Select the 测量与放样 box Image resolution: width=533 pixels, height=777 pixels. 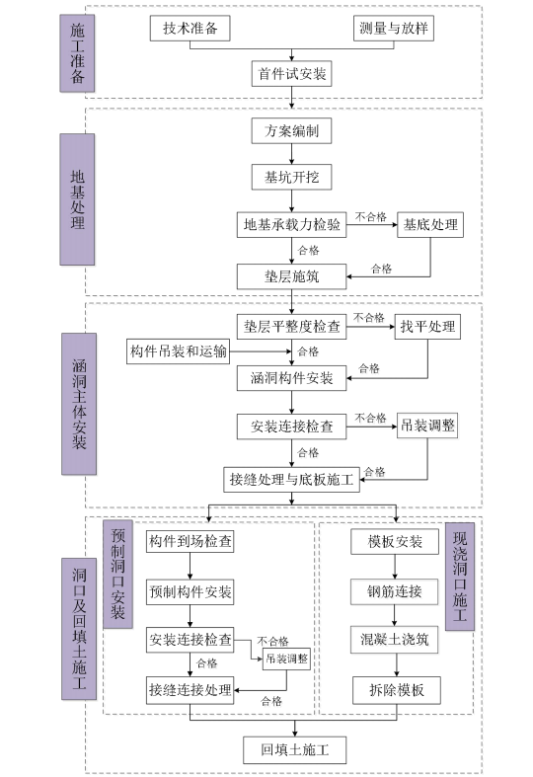pyautogui.click(x=395, y=29)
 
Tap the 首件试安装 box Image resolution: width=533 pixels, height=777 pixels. pyautogui.click(x=291, y=73)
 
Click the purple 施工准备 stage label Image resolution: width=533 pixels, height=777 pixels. pyautogui.click(x=78, y=50)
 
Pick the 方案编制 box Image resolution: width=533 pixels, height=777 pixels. pyautogui.click(x=291, y=131)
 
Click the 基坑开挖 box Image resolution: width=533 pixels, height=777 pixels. pyautogui.click(x=291, y=177)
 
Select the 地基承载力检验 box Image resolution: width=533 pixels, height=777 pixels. pyautogui.click(x=291, y=224)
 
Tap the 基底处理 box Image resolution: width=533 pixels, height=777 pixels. pyautogui.click(x=430, y=224)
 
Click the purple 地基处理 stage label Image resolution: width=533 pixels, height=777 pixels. pyautogui.click(x=78, y=200)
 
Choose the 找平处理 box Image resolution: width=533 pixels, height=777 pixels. pyautogui.click(x=427, y=326)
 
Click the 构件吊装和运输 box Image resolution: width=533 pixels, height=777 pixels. pyautogui.click(x=179, y=351)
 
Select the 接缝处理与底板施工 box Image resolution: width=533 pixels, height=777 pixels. pyautogui.click(x=291, y=479)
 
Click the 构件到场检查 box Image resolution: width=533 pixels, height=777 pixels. pyautogui.click(x=190, y=542)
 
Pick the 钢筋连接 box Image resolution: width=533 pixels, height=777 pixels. pyautogui.click(x=395, y=591)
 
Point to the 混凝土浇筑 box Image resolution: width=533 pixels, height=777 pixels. pyautogui.click(x=395, y=639)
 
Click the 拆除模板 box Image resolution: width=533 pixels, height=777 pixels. pyautogui.click(x=395, y=689)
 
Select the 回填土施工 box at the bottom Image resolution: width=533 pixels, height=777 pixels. pyautogui.click(x=296, y=749)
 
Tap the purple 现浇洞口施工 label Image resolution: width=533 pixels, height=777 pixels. pyautogui.click(x=460, y=577)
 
